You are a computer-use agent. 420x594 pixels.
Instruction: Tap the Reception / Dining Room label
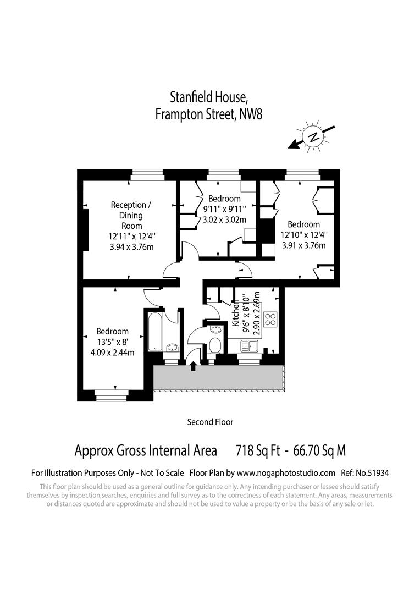(x=131, y=215)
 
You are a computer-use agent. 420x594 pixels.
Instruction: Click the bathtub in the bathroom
(x=154, y=331)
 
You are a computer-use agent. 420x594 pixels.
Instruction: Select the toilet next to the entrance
(x=215, y=345)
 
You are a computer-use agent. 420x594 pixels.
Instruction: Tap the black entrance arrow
(x=193, y=366)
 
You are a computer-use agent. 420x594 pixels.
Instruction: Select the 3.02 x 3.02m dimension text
(x=224, y=219)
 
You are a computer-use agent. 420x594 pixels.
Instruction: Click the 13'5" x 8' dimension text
(x=112, y=342)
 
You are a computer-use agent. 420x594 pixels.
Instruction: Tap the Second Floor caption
(x=210, y=422)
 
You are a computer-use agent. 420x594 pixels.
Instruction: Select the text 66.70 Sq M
(x=319, y=451)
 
